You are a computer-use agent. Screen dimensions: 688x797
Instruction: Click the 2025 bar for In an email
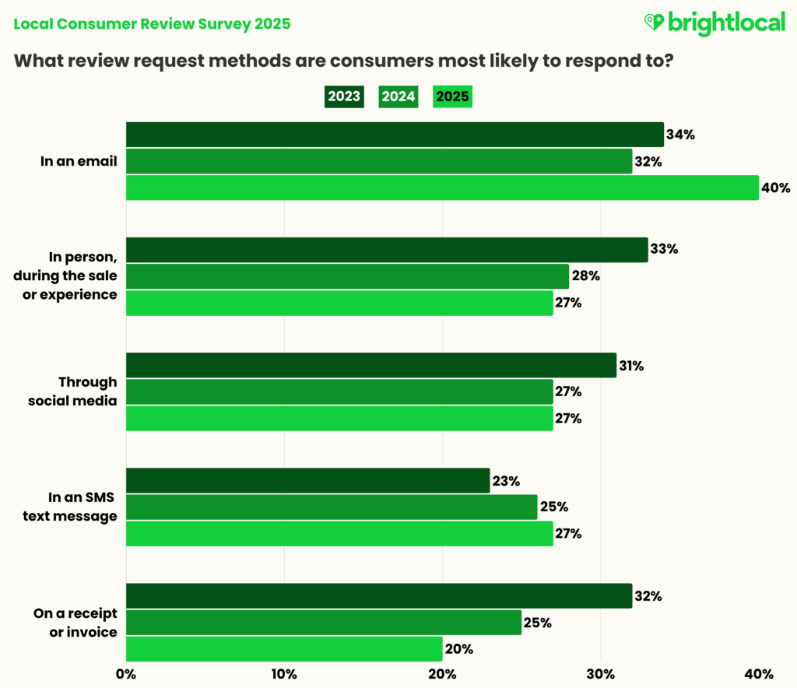point(442,188)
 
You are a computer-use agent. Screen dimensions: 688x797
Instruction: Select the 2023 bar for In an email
point(395,135)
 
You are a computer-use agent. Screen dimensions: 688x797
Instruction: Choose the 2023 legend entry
point(344,97)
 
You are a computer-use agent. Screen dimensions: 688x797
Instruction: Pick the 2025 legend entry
point(452,97)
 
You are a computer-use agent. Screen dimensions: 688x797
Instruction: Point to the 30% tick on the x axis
point(600,673)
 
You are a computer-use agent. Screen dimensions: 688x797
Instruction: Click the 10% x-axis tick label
point(283,673)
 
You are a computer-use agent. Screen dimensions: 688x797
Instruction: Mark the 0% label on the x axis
point(125,673)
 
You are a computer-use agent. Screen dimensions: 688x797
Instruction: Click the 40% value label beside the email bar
point(776,188)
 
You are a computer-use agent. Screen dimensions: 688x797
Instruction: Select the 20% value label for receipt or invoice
point(458,648)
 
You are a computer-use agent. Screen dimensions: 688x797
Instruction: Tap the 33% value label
point(664,250)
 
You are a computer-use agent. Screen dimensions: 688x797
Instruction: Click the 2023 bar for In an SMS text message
point(307,480)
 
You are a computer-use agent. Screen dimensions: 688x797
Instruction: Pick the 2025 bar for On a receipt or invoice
point(284,648)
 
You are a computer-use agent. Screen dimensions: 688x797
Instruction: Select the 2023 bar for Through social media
point(370,365)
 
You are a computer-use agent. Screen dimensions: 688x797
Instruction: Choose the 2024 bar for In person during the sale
point(347,276)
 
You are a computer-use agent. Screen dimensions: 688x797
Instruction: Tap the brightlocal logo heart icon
point(654,23)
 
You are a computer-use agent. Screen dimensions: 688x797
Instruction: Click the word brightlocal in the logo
point(725,23)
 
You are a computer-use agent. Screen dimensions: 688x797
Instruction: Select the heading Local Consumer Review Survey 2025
point(152,23)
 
